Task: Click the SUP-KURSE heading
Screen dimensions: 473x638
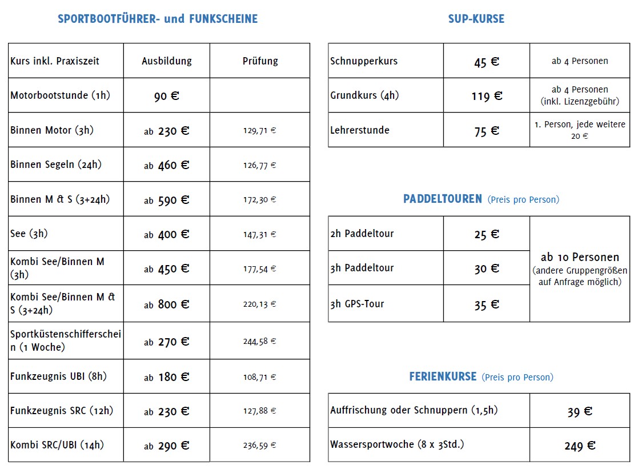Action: [476, 19]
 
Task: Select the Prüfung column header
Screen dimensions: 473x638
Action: [260, 61]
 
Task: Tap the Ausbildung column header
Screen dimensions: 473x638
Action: [167, 61]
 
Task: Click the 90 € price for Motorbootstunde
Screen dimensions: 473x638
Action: [167, 96]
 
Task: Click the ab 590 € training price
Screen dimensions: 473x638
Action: [167, 200]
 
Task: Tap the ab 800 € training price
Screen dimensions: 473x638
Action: [167, 304]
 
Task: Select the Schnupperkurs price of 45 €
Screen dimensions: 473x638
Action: [487, 62]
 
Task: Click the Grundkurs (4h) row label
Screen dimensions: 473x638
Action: [364, 95]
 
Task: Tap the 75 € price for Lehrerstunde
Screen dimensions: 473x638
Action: [487, 131]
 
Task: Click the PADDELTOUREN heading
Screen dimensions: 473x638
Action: [443, 199]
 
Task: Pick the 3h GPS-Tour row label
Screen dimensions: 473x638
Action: [357, 304]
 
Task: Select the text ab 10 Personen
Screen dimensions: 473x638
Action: [580, 257]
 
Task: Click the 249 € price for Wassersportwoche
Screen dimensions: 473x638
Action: [580, 446]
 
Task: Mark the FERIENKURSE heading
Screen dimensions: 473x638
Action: [443, 377]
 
